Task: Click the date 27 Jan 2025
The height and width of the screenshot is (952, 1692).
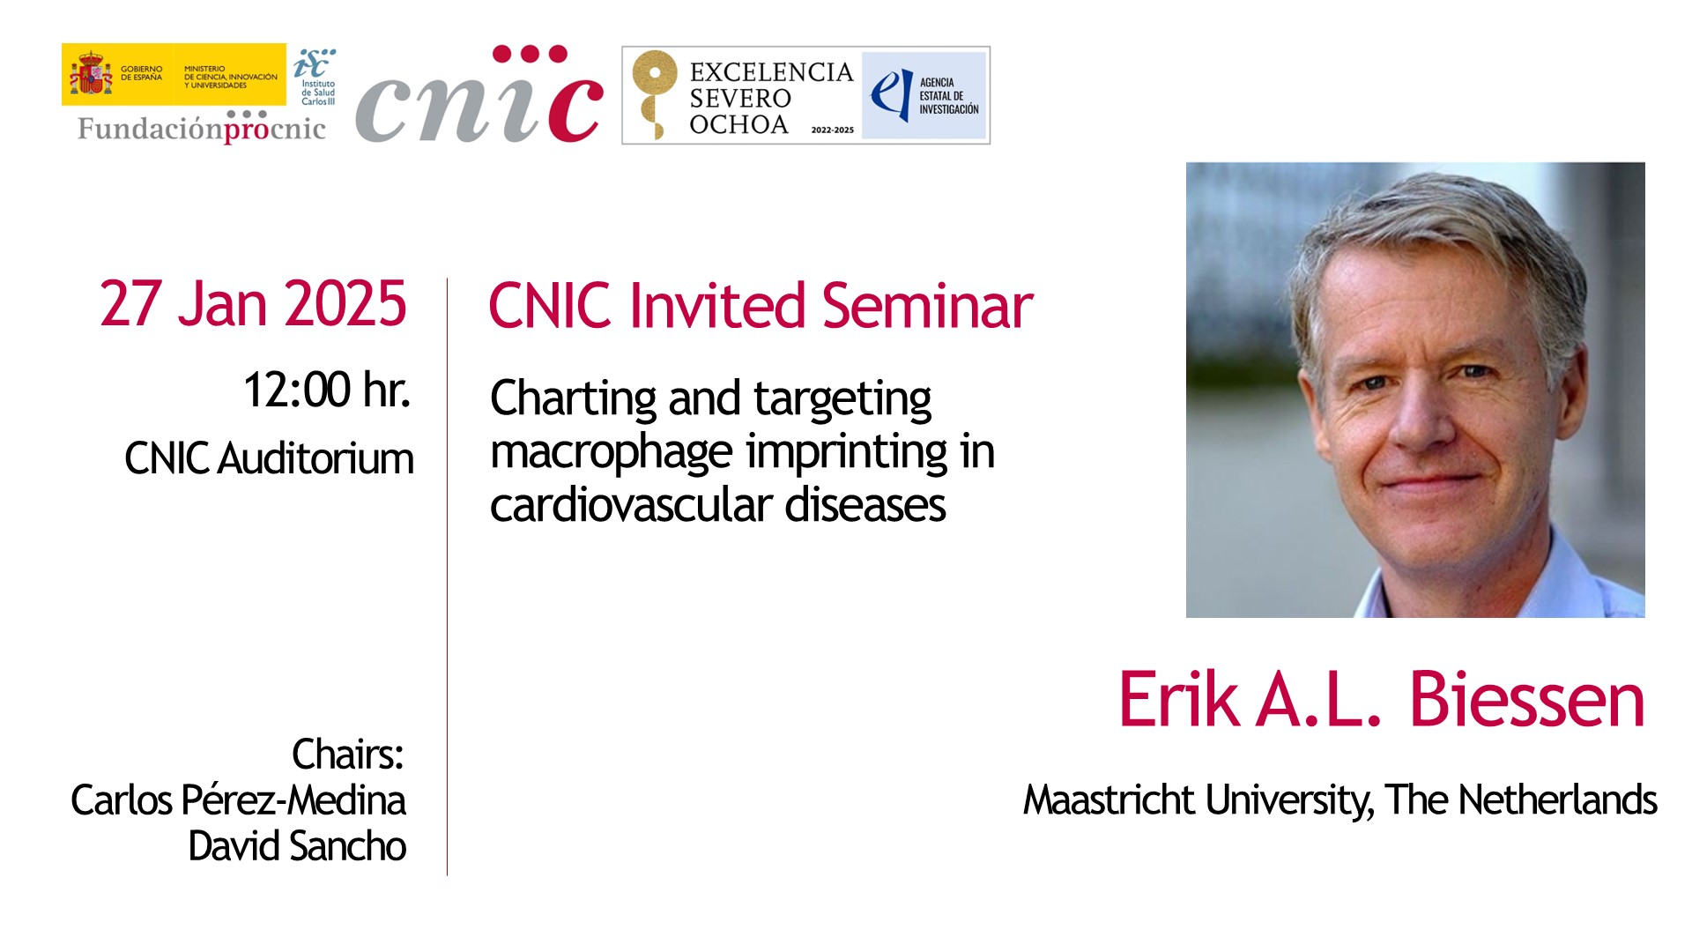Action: [253, 304]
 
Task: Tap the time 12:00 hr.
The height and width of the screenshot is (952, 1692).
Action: [327, 390]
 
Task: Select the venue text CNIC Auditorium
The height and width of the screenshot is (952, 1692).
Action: [269, 458]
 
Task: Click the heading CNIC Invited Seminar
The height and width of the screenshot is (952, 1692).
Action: [761, 306]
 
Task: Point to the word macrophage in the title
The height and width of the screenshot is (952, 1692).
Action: [612, 453]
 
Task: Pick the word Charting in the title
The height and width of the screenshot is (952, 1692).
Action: [573, 399]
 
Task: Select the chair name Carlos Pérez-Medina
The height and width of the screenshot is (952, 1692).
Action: [238, 800]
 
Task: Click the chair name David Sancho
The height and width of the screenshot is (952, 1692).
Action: [297, 846]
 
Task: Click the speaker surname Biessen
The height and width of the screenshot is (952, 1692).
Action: [1527, 700]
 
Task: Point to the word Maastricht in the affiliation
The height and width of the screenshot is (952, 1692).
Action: [1109, 800]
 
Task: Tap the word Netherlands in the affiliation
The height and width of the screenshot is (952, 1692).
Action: [1558, 800]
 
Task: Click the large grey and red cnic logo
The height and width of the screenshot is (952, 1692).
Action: [480, 94]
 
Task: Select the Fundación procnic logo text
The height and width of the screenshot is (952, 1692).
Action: [202, 129]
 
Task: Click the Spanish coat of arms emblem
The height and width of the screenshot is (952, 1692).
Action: [91, 73]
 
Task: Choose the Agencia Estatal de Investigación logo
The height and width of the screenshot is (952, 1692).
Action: [924, 95]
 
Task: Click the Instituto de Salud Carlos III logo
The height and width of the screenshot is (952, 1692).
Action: [315, 77]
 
